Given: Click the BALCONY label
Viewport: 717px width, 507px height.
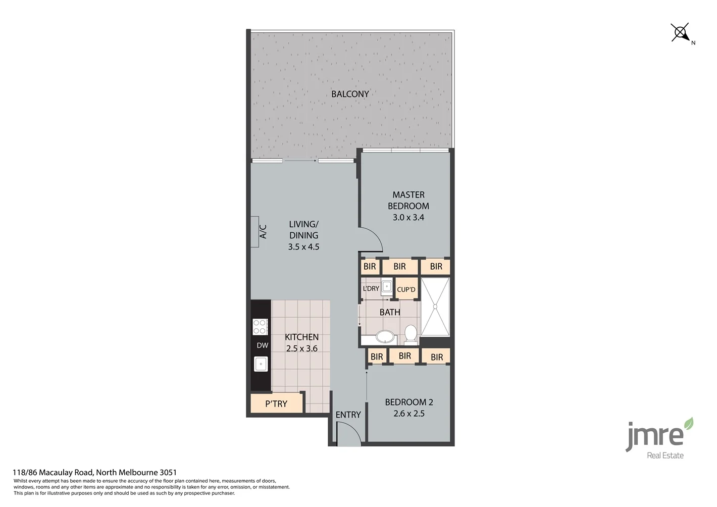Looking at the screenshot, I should point(350,94).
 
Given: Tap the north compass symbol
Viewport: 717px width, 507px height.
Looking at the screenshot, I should point(681,33).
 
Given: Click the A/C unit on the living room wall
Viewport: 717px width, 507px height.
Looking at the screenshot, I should point(255,232).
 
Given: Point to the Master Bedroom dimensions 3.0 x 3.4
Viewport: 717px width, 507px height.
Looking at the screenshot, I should point(408,218).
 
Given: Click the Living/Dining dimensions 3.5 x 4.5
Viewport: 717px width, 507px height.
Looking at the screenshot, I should point(303,247).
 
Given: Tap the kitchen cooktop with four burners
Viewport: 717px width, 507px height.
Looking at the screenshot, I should point(260,327).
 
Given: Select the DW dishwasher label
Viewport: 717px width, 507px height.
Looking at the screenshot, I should point(262,345).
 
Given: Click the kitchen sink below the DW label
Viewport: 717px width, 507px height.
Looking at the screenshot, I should point(261,364).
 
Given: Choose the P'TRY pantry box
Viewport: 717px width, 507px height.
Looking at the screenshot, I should point(276,403).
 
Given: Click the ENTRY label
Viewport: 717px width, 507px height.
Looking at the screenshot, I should point(348,415).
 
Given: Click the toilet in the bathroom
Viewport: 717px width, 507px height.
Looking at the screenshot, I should point(411,334).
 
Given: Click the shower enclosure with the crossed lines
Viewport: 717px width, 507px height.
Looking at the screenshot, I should point(435,307).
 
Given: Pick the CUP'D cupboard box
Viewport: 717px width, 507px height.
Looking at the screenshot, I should point(406,289).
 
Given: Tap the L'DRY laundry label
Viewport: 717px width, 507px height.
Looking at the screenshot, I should point(371,288).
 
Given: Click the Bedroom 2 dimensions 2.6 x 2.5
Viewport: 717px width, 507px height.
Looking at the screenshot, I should point(408,414).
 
